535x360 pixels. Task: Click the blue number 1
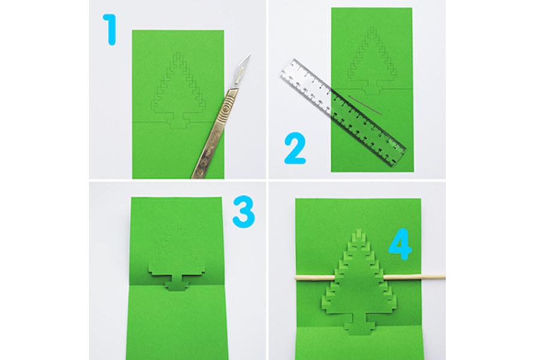coord(111,30)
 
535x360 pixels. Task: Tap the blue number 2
coord(295,149)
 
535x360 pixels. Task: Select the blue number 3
coord(244,213)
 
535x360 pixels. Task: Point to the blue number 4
coord(400,244)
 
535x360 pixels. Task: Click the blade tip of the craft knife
coord(250,54)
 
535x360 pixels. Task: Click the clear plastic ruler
coord(343,113)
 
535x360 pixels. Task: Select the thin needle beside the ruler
coord(365,105)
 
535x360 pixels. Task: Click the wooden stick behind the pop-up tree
coord(370,277)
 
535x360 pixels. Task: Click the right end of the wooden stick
coord(444,277)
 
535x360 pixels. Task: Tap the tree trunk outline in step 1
coord(177,122)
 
